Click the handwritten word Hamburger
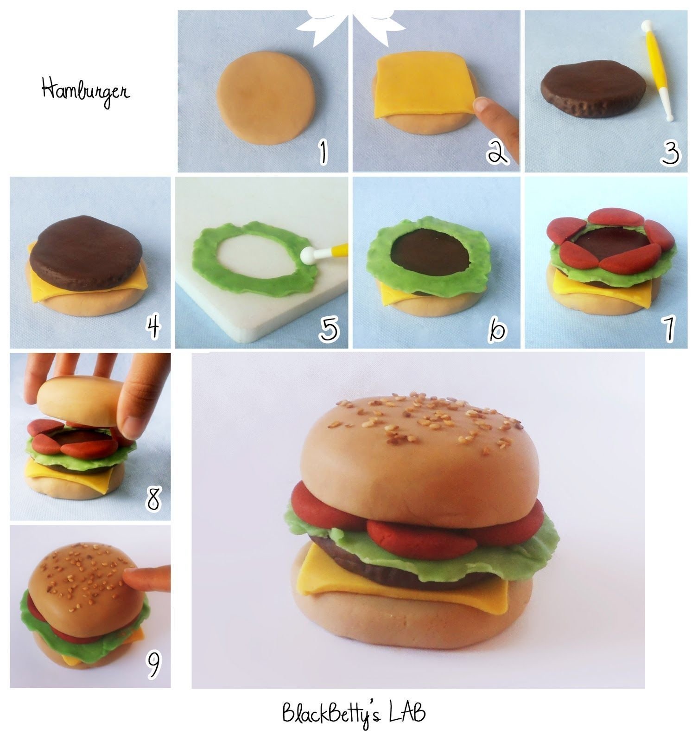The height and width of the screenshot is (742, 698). click(x=86, y=91)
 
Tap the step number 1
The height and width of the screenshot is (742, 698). click(x=323, y=153)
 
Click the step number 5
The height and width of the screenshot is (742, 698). click(x=329, y=328)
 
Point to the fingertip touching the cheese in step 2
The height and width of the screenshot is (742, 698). click(x=484, y=107)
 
